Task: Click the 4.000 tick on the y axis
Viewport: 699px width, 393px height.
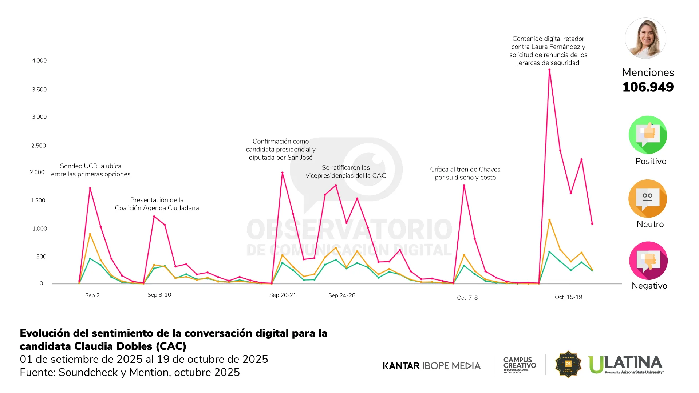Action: point(39,60)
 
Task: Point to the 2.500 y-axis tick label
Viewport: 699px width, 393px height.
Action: point(39,146)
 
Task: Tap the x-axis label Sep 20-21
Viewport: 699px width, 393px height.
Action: point(283,295)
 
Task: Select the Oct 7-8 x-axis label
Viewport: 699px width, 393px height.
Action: point(467,298)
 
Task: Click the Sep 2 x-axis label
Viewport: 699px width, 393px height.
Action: point(92,295)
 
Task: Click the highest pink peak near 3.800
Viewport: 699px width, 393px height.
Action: point(549,70)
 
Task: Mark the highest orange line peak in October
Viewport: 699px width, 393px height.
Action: point(549,220)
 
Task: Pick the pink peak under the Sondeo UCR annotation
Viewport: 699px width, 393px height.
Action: point(90,188)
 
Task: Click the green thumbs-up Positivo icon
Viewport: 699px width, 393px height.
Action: point(648,135)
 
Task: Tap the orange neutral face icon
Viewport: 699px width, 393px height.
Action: point(648,199)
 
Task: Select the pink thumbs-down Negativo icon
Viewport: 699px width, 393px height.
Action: point(648,261)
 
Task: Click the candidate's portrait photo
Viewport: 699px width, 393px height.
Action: point(645,38)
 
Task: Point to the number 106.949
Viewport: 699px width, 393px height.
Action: point(648,87)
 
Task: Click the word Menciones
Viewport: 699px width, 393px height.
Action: point(648,72)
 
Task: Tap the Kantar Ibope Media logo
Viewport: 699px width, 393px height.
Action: point(431,366)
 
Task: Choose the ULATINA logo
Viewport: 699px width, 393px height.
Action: point(626,365)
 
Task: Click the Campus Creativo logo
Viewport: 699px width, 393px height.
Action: point(520,365)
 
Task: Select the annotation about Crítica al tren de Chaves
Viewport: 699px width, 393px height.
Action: point(465,173)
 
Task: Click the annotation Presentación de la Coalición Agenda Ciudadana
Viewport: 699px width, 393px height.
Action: point(157,204)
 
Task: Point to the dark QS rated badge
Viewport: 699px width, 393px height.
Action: point(568,364)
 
